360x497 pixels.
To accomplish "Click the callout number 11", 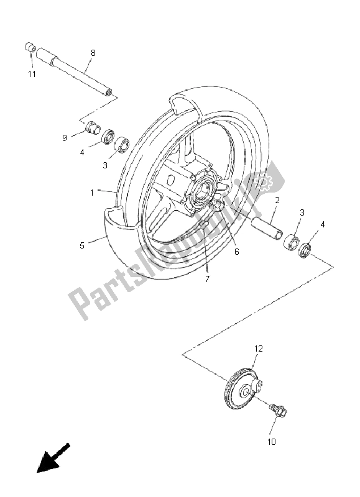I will click(x=31, y=74).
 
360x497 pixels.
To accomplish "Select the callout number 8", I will click(x=93, y=53).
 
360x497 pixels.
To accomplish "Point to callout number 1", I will click(x=91, y=193).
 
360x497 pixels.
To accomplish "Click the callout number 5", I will click(x=81, y=245).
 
